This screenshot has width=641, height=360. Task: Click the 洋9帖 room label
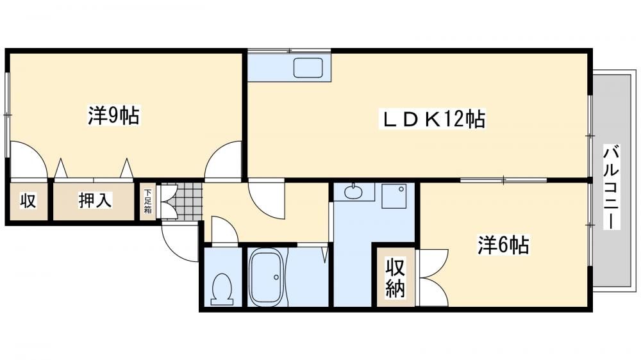113,116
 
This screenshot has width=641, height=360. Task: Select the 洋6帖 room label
503,245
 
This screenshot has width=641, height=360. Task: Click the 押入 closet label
94,200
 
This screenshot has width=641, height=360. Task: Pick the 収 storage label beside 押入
28,200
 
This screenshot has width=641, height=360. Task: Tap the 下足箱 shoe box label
147,201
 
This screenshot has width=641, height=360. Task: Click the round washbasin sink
353,192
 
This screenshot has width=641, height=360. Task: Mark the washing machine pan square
394,196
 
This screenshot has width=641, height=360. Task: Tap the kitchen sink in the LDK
308,67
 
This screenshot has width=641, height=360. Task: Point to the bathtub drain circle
277,277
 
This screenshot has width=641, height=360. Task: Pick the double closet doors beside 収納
434,277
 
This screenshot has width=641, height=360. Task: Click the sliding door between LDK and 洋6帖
504,179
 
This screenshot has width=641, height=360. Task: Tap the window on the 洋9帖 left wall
7,115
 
